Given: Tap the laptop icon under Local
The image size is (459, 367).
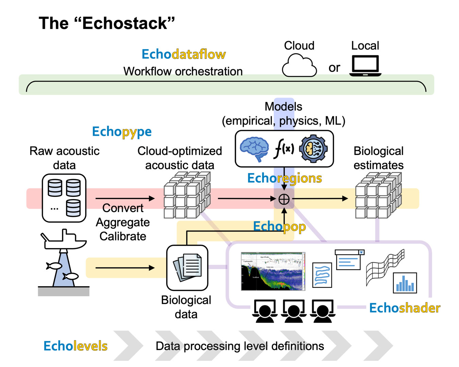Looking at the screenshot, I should click(x=365, y=66).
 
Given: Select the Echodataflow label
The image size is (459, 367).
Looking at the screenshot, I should click(x=184, y=54).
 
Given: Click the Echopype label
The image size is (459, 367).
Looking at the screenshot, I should click(x=122, y=132).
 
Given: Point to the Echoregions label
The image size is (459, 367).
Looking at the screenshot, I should click(x=284, y=178).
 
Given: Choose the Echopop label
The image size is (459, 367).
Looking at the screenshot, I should click(x=279, y=226).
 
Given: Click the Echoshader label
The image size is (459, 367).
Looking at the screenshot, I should click(x=404, y=308).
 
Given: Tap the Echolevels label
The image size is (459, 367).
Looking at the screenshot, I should click(x=75, y=346).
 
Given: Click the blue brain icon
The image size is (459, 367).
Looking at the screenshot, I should click(x=254, y=149).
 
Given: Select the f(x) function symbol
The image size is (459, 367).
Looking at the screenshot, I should click(x=284, y=149).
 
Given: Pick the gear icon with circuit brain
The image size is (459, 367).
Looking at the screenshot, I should click(x=313, y=149).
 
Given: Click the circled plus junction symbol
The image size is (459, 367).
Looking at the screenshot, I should click(x=284, y=199).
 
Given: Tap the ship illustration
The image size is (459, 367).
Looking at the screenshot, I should click(x=64, y=240).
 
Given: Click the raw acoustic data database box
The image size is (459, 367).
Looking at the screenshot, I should click(x=64, y=198).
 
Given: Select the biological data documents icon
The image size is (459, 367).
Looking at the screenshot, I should click(x=187, y=267).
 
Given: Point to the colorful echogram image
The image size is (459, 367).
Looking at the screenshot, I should click(x=273, y=271).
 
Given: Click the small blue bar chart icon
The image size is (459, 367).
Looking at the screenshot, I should click(x=405, y=283).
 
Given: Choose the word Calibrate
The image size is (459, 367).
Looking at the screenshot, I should click(x=123, y=237).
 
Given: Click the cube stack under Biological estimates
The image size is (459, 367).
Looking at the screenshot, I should click(x=378, y=195).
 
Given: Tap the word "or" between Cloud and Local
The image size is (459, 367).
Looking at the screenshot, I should click(x=334, y=68).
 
